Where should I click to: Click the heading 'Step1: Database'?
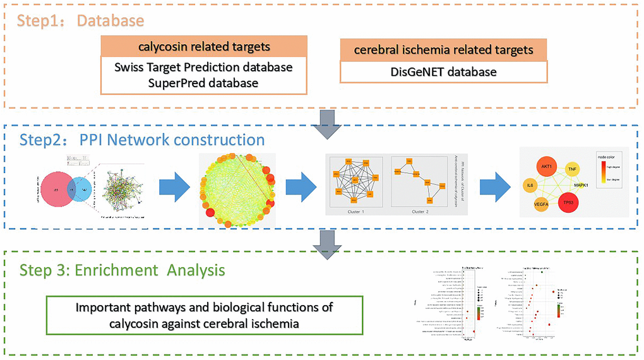coord(80,21)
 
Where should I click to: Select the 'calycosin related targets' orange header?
coord(204,47)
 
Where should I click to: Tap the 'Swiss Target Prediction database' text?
coord(204,67)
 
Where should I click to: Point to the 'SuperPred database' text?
coord(204,83)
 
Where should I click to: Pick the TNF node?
coord(573,169)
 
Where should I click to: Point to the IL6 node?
coord(531,187)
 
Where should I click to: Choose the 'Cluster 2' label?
coord(420,212)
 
